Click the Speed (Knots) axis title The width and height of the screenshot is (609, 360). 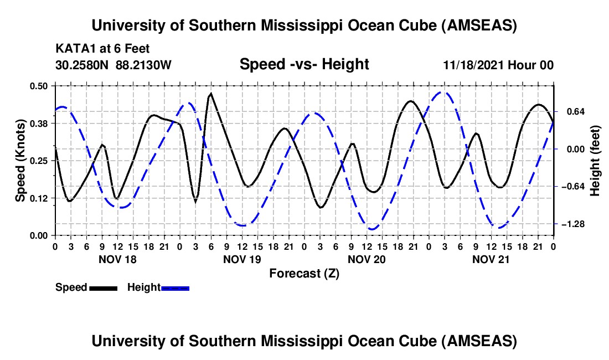tap(20, 161)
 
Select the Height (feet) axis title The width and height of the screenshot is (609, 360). tap(595, 161)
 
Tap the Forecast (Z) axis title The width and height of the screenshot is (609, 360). tap(304, 273)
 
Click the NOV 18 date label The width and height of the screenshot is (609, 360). tap(117, 259)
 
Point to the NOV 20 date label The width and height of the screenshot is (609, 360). tap(367, 259)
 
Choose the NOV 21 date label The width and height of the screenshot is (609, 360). tap(491, 259)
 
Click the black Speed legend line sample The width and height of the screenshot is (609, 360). tap(103, 287)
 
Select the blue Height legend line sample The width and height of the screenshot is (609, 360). tap(176, 287)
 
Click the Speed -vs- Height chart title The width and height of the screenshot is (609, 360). tap(304, 65)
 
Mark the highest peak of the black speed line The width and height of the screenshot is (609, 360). tap(211, 94)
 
